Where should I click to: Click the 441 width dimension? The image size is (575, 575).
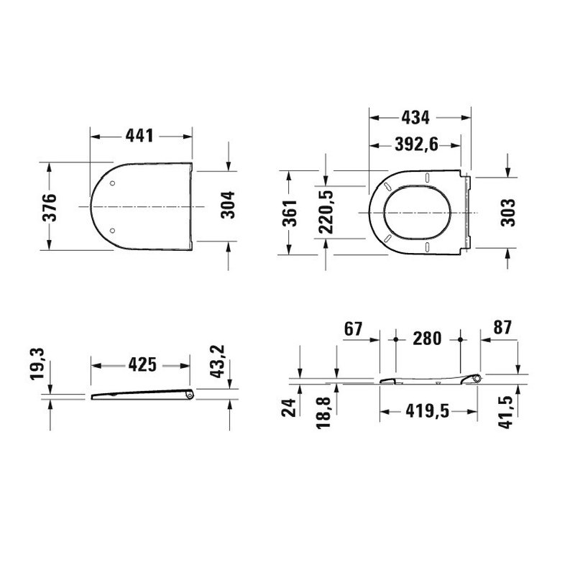(142, 135)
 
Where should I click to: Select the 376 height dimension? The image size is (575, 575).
(48, 207)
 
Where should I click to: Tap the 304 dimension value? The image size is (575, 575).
(227, 207)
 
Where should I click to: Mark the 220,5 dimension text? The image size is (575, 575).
(326, 213)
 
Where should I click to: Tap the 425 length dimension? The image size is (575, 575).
(142, 364)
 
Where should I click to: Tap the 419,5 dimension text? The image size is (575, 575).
(427, 413)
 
